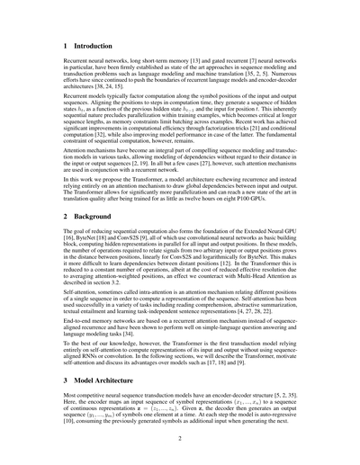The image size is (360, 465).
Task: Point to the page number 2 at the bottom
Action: (x=180, y=440)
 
